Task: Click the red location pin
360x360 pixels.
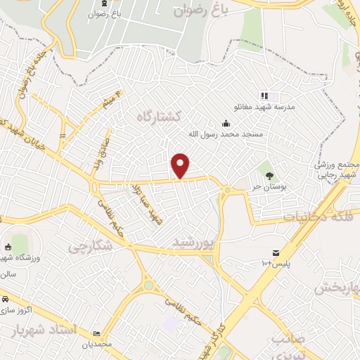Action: coord(181,165)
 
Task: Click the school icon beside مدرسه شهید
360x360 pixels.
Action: coord(264,96)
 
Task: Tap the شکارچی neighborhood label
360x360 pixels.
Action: coord(91,246)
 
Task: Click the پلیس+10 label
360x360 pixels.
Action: coord(276,264)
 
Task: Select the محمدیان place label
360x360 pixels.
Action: coord(97,345)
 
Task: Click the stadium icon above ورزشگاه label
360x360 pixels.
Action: coord(16,247)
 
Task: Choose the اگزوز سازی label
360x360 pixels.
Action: coord(14,310)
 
